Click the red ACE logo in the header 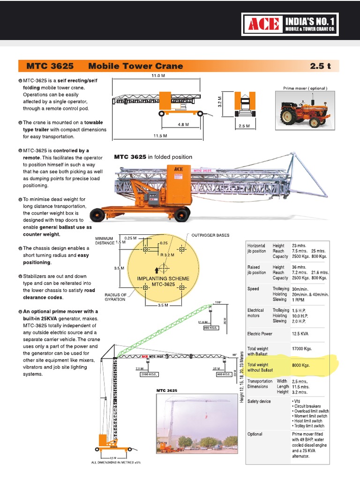point(263,24)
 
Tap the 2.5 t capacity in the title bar point(320,66)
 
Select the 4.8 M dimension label point(183,125)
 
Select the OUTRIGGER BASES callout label point(210,235)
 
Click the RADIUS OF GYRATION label point(115,297)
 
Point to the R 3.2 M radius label point(166,255)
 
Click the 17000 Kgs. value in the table point(301,349)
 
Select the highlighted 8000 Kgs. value point(301,365)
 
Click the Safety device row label point(259,402)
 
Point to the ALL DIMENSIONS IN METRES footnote point(116,463)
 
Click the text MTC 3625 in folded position point(153,157)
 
